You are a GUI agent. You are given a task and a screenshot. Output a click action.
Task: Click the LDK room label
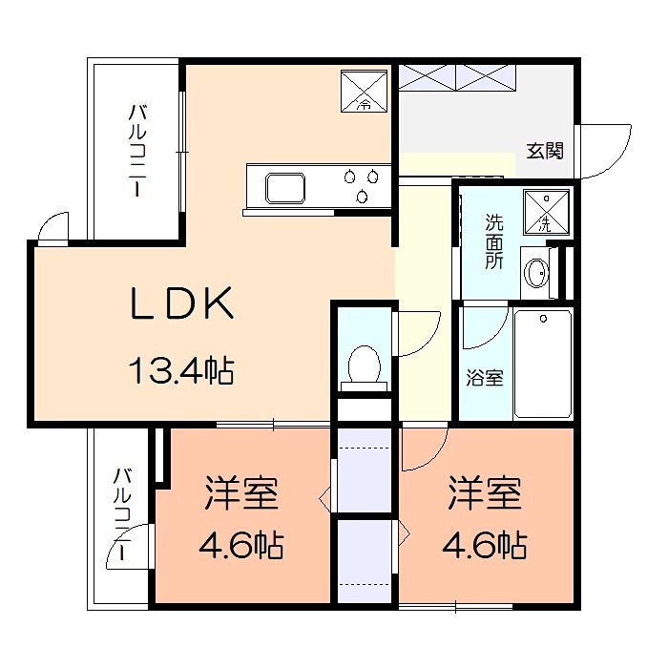(x=182, y=303)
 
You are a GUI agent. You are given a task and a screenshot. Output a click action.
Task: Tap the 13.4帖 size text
(x=181, y=370)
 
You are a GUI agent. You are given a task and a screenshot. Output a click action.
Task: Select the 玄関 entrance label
(x=545, y=151)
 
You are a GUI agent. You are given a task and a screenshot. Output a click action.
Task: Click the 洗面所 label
(x=493, y=241)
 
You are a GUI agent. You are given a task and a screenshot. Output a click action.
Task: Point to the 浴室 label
(x=485, y=378)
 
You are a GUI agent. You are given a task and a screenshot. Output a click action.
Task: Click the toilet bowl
(x=364, y=365)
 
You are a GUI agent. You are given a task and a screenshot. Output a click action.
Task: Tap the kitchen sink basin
(x=285, y=188)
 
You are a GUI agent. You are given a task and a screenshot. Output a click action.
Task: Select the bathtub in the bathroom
(x=543, y=364)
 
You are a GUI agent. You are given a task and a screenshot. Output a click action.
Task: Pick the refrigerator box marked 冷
(x=365, y=92)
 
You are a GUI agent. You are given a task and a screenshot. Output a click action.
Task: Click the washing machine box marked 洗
(x=547, y=212)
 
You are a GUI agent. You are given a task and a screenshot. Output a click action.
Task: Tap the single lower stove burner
(x=362, y=197)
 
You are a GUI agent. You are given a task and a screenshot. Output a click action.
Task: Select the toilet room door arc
(x=430, y=341)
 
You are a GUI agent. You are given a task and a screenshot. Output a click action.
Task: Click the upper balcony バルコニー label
(x=137, y=151)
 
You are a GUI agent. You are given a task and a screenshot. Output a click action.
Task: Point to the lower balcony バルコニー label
(x=122, y=514)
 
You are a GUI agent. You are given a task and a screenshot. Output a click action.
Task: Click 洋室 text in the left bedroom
(x=241, y=494)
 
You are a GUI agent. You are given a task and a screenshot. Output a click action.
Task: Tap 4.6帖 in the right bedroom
(x=485, y=545)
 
